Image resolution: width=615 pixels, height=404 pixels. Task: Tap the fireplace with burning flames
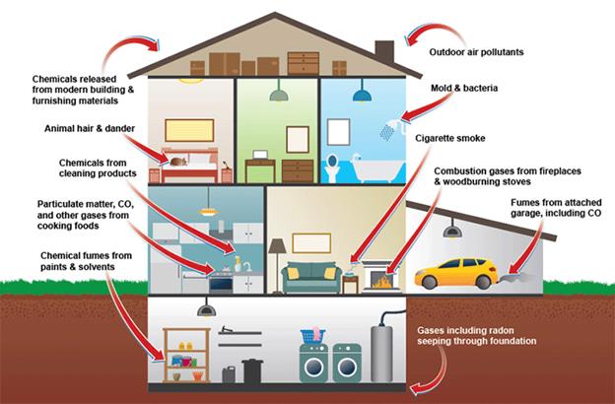coord(378,278)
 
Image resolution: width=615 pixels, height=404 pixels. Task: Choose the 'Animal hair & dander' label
coord(91,129)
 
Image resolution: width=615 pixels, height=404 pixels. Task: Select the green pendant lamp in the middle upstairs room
coord(280,96)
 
